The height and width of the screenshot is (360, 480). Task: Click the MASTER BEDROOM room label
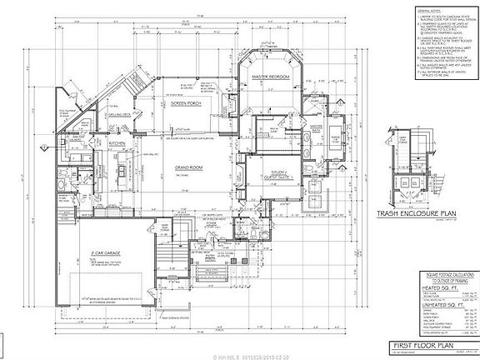click(x=265, y=77)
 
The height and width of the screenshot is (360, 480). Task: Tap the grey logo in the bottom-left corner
click(x=12, y=345)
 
